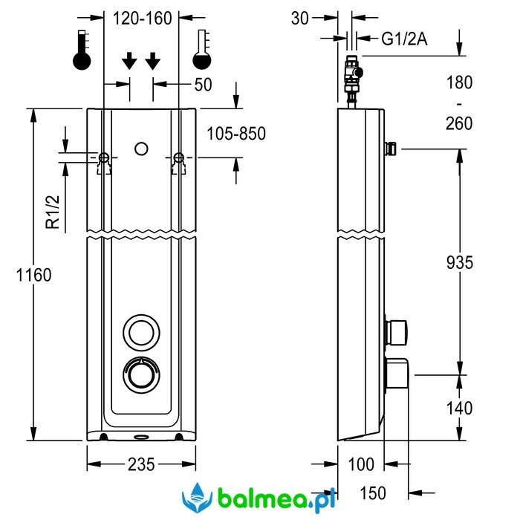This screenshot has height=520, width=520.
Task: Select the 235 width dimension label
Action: [x=140, y=465]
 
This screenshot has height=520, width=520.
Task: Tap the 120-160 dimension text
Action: [x=141, y=19]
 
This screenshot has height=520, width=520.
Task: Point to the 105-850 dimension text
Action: [x=235, y=134]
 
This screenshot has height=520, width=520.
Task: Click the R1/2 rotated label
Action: [x=52, y=212]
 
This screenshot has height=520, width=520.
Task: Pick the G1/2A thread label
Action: [x=405, y=39]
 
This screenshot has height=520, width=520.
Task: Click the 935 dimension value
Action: [x=461, y=261]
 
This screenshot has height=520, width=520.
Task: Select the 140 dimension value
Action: [x=461, y=408]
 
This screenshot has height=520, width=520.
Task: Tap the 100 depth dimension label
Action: [x=360, y=465]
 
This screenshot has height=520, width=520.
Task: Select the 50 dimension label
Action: [x=203, y=85]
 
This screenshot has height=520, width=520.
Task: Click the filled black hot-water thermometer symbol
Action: [x=82, y=52]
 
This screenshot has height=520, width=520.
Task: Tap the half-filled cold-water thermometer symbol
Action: [x=201, y=52]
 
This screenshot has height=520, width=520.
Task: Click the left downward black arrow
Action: [x=129, y=61]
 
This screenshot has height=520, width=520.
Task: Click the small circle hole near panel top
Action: [x=141, y=149]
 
